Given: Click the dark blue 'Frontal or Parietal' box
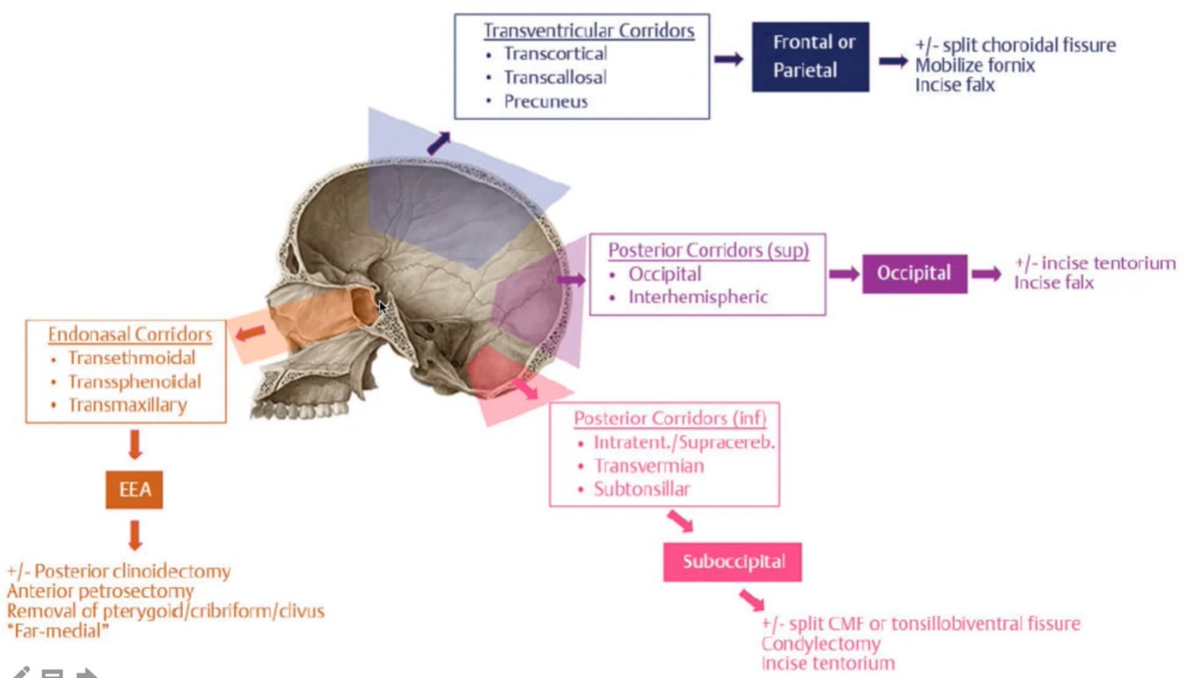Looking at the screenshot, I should point(810,56).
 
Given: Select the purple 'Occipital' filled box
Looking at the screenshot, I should point(914,274).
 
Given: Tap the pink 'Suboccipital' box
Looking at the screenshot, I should point(732,561).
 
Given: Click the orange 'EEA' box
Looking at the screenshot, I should point(135,489).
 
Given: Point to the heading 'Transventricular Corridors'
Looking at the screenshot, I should point(589,31).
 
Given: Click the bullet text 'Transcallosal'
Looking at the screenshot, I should point(555,77).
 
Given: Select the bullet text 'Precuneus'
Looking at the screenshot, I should point(546,102).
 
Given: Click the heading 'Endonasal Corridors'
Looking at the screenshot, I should point(130,335).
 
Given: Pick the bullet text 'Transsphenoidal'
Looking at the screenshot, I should point(134,382).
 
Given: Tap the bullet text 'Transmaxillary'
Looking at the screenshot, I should point(127,406).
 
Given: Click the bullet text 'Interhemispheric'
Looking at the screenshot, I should point(698,298).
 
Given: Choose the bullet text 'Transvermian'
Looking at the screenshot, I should point(649,465).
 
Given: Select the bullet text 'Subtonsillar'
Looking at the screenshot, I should point(642,489).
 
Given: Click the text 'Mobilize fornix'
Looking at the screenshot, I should point(975,65).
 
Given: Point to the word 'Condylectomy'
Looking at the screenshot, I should point(820,644).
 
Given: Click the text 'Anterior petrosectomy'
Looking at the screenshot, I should point(100,591).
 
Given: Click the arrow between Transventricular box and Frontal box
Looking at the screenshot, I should point(729,58).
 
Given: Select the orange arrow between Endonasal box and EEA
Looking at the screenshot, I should point(135,444).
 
